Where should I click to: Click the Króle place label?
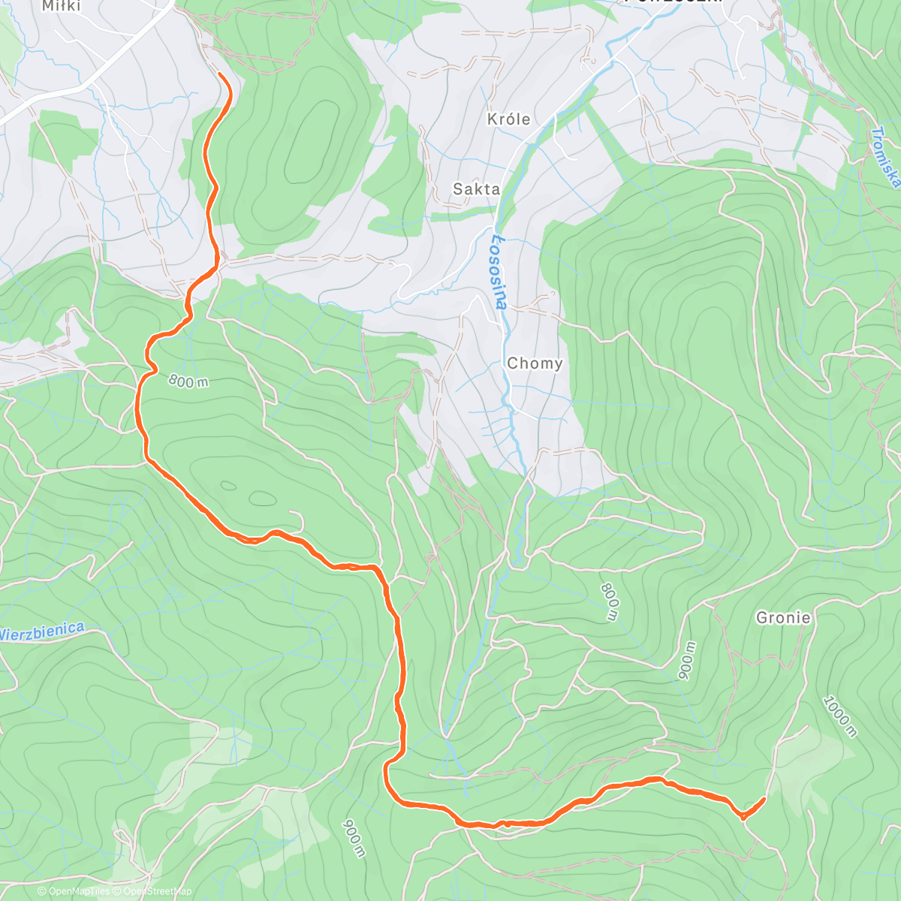[x=508, y=119]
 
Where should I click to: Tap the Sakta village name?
[x=476, y=189]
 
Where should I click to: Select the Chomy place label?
[x=535, y=363]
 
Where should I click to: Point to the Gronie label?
[x=783, y=618]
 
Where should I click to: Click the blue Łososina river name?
[x=499, y=271]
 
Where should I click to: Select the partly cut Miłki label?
[x=60, y=6]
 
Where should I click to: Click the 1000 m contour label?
[x=839, y=716]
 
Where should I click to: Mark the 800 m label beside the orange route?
[x=188, y=381]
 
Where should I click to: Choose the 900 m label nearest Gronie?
[x=687, y=661]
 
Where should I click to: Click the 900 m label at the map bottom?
[x=354, y=838]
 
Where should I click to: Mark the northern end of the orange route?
[x=218, y=74]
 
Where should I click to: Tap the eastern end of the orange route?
[x=764, y=799]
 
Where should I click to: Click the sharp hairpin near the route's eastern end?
[x=742, y=817]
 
